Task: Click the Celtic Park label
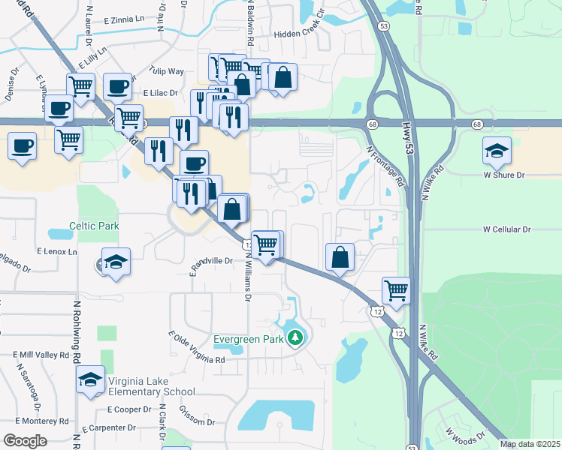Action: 95,224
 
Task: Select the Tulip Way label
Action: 167,71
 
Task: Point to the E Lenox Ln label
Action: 56,252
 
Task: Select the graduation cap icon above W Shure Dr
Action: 497,152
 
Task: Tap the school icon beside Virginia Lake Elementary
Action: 90,380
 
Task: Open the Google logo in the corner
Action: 25,441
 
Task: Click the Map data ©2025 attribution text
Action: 530,444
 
